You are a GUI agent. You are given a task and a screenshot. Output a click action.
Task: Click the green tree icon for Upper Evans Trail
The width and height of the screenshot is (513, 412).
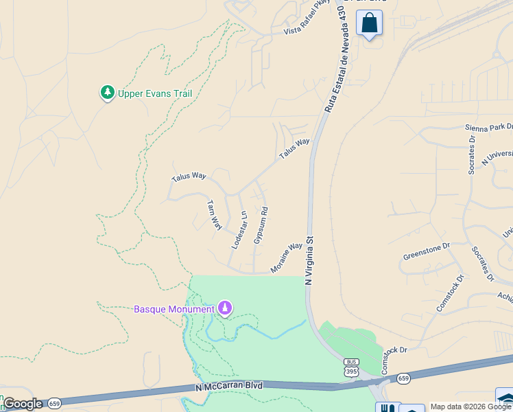point(107,93)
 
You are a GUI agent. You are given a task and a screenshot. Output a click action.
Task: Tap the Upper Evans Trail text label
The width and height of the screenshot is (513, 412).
point(154,94)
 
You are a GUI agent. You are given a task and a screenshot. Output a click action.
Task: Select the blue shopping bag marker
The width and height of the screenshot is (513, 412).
point(369,24)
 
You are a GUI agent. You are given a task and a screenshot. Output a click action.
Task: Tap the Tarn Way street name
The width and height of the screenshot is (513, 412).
point(215,215)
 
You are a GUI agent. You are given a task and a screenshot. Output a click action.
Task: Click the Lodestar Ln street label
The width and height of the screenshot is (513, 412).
point(239,229)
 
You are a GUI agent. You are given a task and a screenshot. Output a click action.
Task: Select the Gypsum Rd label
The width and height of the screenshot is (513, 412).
point(261,225)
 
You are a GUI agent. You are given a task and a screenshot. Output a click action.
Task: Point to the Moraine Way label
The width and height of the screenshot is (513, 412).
point(287,257)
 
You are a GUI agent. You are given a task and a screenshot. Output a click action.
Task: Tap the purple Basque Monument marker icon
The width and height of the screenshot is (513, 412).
point(224,309)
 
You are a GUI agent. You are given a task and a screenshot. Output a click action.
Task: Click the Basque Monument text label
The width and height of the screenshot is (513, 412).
point(174,309)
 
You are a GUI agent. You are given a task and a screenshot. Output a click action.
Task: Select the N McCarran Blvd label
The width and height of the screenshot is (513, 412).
point(229,387)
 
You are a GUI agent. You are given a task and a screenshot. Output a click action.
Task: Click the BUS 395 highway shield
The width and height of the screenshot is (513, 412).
point(351,368)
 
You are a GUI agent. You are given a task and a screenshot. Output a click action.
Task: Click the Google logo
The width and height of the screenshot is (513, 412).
point(23,404)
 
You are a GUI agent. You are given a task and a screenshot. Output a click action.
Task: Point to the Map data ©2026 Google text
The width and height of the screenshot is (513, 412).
point(471,407)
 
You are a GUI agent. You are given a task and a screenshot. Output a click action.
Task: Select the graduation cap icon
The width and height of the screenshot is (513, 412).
point(505,398)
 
